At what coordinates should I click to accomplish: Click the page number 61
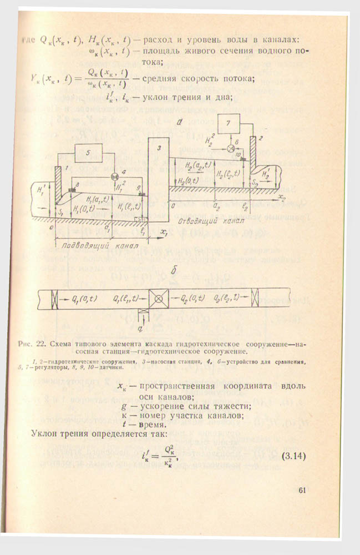click(302, 490)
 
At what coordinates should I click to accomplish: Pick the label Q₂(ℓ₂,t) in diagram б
click(225, 299)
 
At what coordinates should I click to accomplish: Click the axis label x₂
click(283, 197)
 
